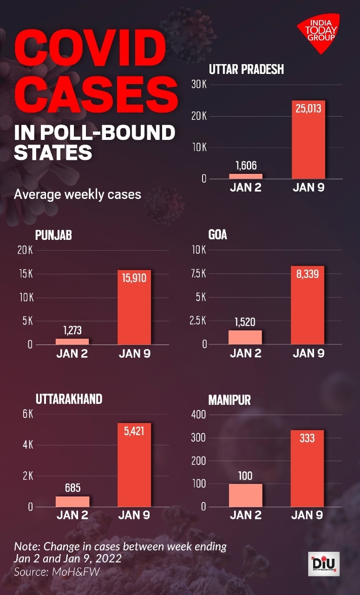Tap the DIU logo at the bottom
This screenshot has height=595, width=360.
pos(323,564)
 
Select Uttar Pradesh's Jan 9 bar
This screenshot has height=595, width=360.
pos(308,139)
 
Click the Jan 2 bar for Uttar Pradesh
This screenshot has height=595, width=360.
pos(246,176)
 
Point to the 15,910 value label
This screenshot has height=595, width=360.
pos(134,278)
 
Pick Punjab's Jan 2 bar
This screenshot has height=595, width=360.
pos(72,341)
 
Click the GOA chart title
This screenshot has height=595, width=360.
pos(218,235)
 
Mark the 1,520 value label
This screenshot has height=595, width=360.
pos(245,322)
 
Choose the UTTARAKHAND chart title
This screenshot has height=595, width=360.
pos(69,399)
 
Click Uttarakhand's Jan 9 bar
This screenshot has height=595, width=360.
pos(134,465)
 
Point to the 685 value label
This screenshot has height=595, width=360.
pos(72,488)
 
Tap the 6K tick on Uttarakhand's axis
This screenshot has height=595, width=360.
pos(28,414)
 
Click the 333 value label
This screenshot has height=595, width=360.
pos(308,438)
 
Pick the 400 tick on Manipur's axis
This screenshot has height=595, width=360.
pos(197,414)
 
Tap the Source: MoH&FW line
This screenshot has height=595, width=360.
pos(57,571)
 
